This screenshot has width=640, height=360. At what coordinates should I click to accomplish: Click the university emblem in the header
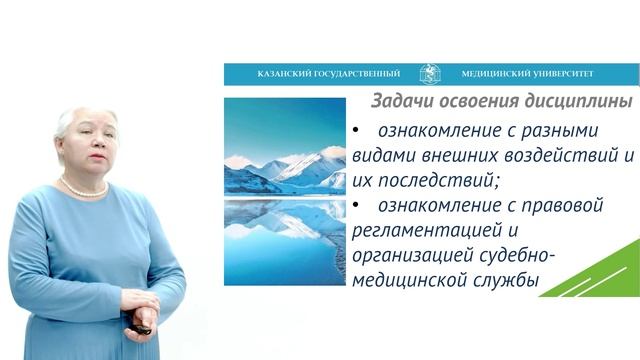430,74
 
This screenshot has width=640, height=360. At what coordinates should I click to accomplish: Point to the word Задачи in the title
400,102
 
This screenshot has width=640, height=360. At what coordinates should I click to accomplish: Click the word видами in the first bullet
383,156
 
